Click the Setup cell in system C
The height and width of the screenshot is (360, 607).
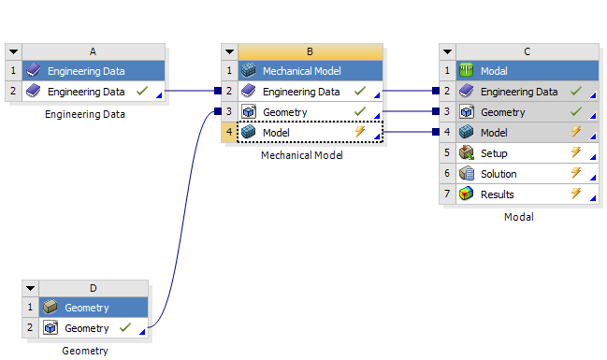click(x=506, y=153)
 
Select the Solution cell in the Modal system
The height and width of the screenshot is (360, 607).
click(x=511, y=174)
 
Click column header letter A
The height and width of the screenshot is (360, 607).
click(x=94, y=51)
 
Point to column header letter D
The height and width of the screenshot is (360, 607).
click(x=93, y=288)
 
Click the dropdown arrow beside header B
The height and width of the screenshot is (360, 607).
click(x=230, y=51)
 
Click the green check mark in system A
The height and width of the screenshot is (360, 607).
click(x=141, y=92)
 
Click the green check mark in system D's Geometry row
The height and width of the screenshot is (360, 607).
click(x=125, y=328)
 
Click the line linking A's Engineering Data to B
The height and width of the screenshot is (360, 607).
click(x=192, y=92)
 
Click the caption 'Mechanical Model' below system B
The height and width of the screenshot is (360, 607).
click(x=301, y=155)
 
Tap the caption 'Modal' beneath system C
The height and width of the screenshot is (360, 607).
click(x=518, y=217)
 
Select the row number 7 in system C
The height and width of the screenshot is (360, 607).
click(x=448, y=194)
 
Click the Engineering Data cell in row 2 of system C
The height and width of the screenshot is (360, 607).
click(x=519, y=92)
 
